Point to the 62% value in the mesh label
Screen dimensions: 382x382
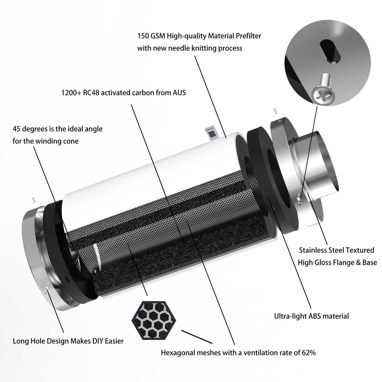click(x=309, y=353)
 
